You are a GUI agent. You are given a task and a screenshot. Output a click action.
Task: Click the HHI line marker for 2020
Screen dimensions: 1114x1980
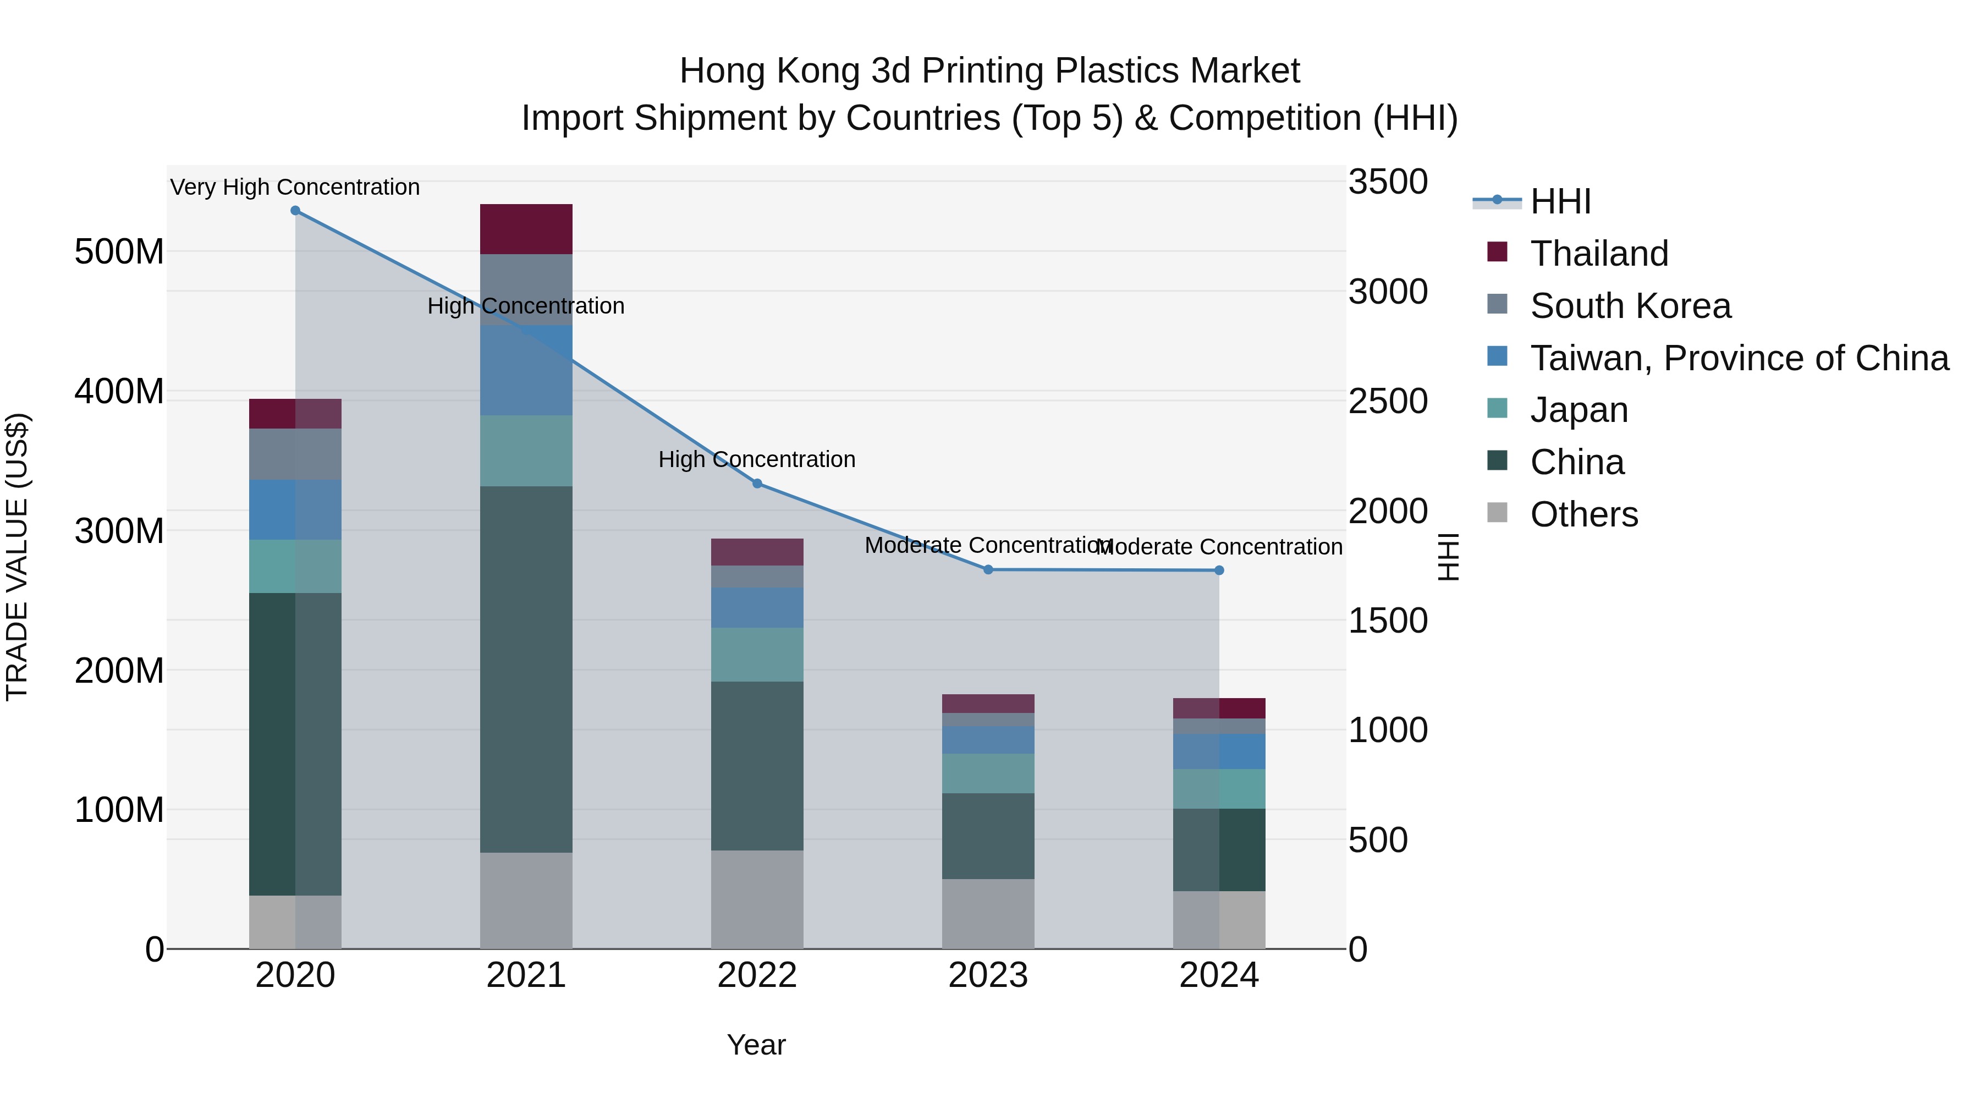click(295, 211)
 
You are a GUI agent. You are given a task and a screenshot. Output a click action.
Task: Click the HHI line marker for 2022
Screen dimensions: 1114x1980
click(757, 484)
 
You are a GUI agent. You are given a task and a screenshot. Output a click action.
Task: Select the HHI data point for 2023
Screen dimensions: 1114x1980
click(988, 570)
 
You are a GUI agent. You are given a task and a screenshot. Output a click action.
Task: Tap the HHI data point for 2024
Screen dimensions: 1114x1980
click(1219, 570)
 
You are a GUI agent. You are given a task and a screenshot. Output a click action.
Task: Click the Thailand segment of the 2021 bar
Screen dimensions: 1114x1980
click(526, 229)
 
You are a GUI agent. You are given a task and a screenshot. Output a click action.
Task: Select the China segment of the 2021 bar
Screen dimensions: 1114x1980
click(526, 669)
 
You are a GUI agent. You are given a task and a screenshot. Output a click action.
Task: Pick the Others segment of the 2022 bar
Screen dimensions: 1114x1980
click(757, 899)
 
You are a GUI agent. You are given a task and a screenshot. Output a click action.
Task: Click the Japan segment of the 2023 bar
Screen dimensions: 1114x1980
click(988, 773)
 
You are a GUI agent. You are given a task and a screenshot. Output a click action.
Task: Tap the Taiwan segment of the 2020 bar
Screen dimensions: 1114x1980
click(295, 510)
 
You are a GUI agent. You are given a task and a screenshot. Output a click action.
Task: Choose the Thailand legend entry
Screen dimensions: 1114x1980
click(1599, 254)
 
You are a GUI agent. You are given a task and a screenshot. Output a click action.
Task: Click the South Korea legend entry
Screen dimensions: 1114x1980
click(1630, 306)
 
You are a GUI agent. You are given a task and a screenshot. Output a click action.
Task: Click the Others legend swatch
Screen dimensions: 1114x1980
click(1497, 513)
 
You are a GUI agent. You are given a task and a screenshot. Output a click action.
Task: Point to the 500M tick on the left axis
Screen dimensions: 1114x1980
click(119, 252)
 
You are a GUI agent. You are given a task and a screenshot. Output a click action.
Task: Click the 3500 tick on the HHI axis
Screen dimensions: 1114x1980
click(1388, 183)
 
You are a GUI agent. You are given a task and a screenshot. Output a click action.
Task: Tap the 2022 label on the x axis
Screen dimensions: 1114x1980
click(757, 975)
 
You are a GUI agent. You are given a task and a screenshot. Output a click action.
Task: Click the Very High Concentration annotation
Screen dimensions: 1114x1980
click(295, 188)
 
